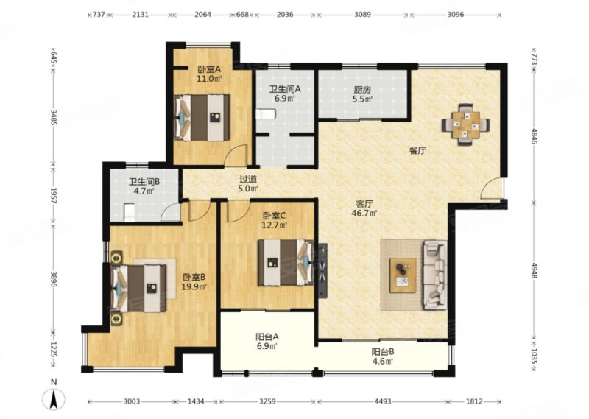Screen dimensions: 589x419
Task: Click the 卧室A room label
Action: pyautogui.click(x=209, y=69)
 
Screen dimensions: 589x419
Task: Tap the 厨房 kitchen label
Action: pyautogui.click(x=362, y=90)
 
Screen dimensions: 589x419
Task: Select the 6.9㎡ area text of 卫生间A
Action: pyautogui.click(x=284, y=99)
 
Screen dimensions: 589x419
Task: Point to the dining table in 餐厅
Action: pyautogui.click(x=466, y=123)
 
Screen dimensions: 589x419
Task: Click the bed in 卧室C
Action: pyautogui.click(x=286, y=263)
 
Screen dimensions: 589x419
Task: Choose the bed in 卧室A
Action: pyautogui.click(x=202, y=117)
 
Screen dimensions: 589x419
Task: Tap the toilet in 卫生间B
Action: pyautogui.click(x=130, y=212)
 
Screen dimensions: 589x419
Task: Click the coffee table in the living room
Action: pyautogui.click(x=403, y=275)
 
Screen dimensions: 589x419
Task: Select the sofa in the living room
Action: pyautogui.click(x=435, y=275)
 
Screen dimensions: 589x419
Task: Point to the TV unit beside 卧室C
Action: pyautogui.click(x=322, y=270)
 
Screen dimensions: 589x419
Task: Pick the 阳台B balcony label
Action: pyautogui.click(x=383, y=352)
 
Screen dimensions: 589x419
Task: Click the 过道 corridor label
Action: pyautogui.click(x=248, y=179)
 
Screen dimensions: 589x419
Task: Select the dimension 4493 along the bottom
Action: pyautogui.click(x=382, y=401)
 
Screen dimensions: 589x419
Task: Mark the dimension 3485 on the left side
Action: pyautogui.click(x=54, y=117)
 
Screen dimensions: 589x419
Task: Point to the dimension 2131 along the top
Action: pyautogui.click(x=141, y=15)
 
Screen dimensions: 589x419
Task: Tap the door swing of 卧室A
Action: pyautogui.click(x=236, y=155)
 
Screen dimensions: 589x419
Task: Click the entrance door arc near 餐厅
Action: pyautogui.click(x=491, y=188)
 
